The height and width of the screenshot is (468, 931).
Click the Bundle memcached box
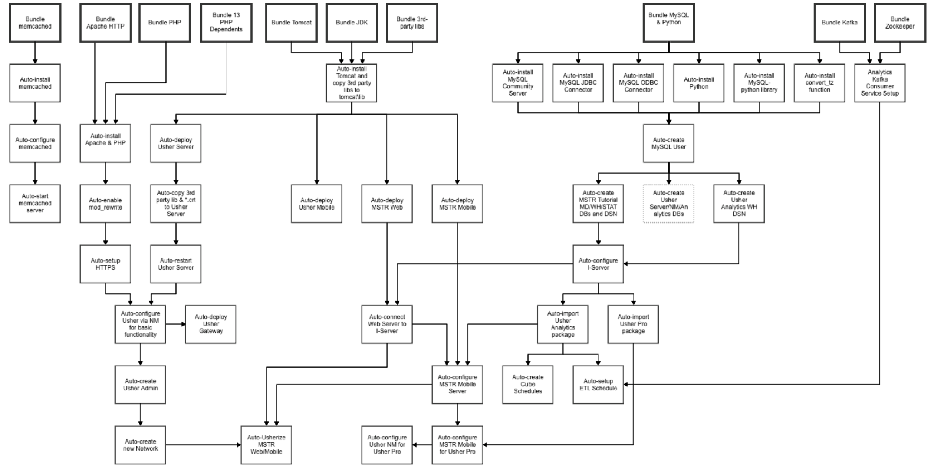pyautogui.click(x=35, y=23)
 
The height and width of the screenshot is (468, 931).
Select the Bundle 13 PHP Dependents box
pyautogui.click(x=226, y=23)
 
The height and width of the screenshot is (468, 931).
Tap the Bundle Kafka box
pyautogui.click(x=839, y=23)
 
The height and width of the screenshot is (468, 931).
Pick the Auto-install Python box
pyautogui.click(x=699, y=83)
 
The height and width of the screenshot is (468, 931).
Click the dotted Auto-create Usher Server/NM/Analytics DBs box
pyautogui.click(x=668, y=204)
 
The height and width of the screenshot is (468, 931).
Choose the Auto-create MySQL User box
pyautogui.click(x=668, y=144)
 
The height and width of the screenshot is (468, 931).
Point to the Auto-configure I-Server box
pyautogui.click(x=598, y=264)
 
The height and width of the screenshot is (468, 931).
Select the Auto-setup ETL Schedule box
pyautogui.click(x=598, y=385)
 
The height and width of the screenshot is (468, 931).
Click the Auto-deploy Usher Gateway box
pyautogui.click(x=211, y=324)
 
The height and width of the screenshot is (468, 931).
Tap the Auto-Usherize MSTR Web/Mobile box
pyautogui.click(x=266, y=445)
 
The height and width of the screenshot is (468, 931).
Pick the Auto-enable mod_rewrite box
pyautogui.click(x=105, y=204)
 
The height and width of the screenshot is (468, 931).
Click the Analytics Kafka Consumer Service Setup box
pyautogui.click(x=879, y=83)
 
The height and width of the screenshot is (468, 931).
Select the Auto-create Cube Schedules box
pyautogui.click(x=527, y=385)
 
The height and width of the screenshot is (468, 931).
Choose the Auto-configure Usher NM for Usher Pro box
pyautogui.click(x=387, y=445)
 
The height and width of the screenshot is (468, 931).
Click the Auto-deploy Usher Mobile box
pyautogui.click(x=316, y=204)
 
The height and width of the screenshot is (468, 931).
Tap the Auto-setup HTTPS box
pyautogui.click(x=105, y=264)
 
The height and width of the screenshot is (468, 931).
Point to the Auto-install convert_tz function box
pyautogui.click(x=819, y=83)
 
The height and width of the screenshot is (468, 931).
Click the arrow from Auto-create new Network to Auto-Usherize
pyautogui.click(x=203, y=445)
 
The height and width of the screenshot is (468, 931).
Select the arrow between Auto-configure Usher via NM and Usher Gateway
pyautogui.click(x=175, y=324)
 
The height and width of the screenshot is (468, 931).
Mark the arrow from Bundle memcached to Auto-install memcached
pyautogui.click(x=35, y=53)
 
